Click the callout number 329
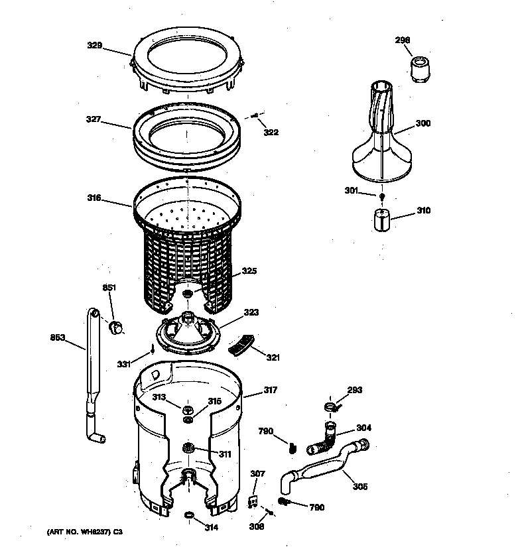tap(96, 46)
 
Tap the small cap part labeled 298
tap(419, 68)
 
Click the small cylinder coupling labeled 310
tap(380, 219)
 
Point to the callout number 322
tap(271, 133)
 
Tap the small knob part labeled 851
tap(116, 326)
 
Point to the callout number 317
tap(271, 390)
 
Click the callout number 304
tap(364, 428)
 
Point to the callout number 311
tap(226, 454)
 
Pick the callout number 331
tap(124, 364)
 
